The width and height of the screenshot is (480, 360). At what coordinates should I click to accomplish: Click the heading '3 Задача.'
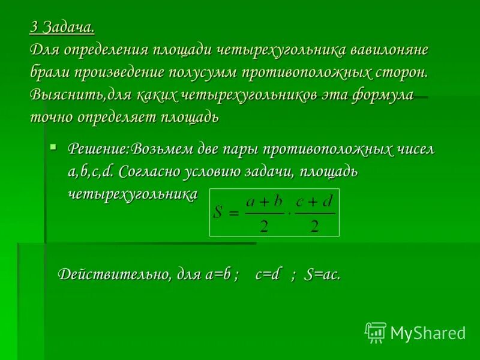point(62,28)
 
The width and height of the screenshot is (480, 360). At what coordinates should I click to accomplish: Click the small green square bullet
point(53,146)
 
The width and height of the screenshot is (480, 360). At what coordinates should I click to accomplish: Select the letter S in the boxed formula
point(219,212)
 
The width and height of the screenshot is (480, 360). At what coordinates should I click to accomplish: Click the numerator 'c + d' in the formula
point(314,201)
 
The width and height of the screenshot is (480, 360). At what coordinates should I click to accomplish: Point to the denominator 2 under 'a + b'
point(263,225)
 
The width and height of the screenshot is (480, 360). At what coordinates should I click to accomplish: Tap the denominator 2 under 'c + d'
point(314,225)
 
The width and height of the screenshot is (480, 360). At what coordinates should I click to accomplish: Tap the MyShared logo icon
point(376,332)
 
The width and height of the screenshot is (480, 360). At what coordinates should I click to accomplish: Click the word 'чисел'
point(414,149)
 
